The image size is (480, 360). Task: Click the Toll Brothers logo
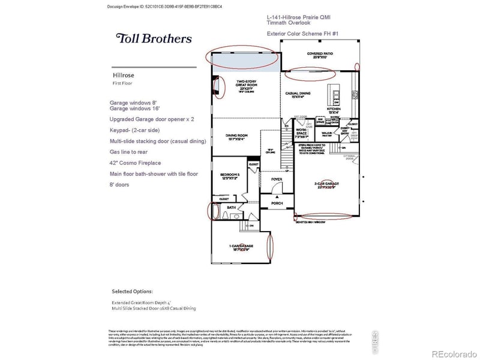[x=154, y=38]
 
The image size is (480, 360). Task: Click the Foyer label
[x=277, y=178]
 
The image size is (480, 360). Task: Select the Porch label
[x=277, y=203]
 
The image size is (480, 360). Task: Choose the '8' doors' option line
[x=119, y=185]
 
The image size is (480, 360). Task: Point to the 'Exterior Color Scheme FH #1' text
[x=303, y=34]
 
